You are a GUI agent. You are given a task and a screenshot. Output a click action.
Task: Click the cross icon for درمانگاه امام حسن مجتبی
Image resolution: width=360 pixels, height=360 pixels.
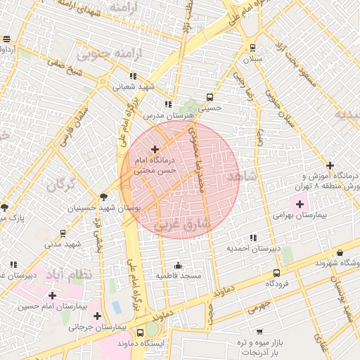point(155,149)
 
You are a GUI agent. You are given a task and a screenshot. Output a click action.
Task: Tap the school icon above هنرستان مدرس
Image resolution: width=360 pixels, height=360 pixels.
point(168,104)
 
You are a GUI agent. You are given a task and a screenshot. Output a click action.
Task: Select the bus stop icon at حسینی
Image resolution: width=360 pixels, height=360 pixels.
point(209,98)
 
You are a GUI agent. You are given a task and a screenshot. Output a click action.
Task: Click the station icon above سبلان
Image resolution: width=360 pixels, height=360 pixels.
point(252,48)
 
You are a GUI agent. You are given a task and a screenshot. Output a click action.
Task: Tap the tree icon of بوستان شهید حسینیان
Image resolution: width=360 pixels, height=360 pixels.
point(104,197)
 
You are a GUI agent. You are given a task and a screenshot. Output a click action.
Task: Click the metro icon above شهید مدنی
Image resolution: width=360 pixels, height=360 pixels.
point(63,233)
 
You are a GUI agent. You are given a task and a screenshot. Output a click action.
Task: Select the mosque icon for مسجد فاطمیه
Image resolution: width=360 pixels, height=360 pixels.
point(179,265)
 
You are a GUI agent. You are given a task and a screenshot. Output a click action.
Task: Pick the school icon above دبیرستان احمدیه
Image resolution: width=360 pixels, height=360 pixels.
point(253,238)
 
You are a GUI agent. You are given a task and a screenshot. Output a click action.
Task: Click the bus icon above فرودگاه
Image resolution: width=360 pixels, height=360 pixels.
point(276,273)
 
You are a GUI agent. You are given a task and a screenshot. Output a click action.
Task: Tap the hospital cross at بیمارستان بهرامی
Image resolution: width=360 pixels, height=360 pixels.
point(300,204)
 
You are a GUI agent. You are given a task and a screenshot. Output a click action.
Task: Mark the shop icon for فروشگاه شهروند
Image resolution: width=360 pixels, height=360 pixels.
point(340,252)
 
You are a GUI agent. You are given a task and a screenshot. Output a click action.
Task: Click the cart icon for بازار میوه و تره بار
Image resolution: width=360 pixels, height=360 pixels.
point(259,330)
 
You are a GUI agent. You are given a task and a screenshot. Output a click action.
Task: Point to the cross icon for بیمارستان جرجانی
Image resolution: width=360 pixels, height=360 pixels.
point(97,316)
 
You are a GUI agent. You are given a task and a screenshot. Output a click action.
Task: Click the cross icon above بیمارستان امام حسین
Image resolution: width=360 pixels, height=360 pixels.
point(52,295)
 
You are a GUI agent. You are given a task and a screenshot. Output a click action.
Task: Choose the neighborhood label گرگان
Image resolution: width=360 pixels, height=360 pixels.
point(60,186)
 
